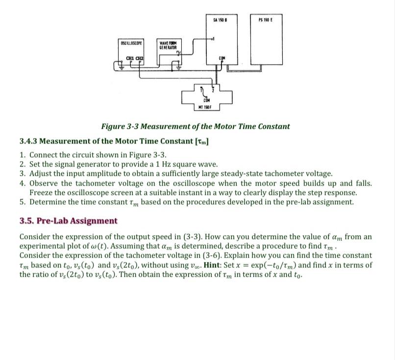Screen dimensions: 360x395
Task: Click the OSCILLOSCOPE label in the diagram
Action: [x=131, y=44]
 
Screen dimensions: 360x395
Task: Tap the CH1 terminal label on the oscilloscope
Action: [x=130, y=58]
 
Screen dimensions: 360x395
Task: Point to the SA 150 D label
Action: [x=220, y=19]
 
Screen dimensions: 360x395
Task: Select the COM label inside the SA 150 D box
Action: [x=222, y=58]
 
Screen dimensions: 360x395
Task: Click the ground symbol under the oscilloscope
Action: [x=118, y=68]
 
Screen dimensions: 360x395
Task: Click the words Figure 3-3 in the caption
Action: [x=121, y=126]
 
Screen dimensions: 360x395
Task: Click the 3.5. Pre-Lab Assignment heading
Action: [x=68, y=221]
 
